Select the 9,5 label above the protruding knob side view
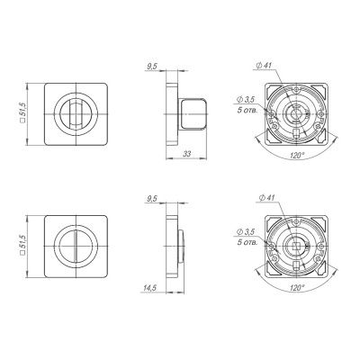[154, 65]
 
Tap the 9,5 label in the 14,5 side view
[154, 196]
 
